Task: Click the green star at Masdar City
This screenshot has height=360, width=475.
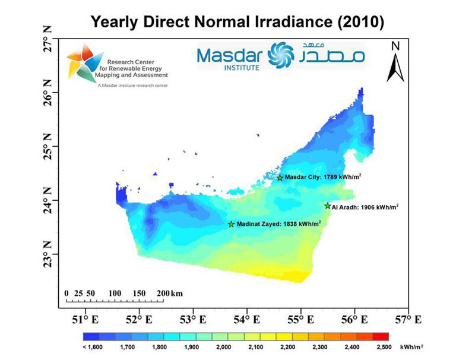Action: click(x=280, y=178)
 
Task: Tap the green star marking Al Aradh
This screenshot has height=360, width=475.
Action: click(x=327, y=206)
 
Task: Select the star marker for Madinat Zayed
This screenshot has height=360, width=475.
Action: click(x=232, y=224)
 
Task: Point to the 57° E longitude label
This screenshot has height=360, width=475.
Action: click(x=408, y=320)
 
